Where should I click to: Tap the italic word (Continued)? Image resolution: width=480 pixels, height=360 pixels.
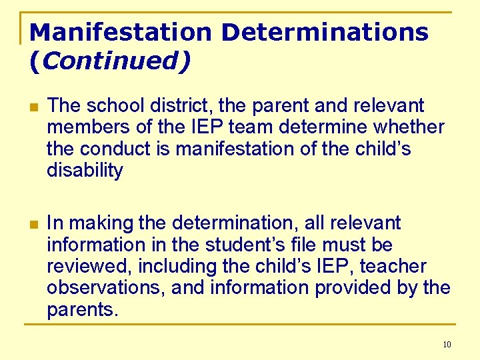(x=110, y=61)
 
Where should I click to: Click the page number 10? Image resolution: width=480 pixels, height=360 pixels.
(x=446, y=345)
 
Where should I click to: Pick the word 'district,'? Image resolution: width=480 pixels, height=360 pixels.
(x=168, y=105)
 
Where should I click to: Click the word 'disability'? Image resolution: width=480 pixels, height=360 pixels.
(x=85, y=171)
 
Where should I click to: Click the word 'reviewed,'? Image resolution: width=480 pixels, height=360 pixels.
(x=90, y=267)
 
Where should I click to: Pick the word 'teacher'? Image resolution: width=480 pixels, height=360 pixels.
(x=395, y=267)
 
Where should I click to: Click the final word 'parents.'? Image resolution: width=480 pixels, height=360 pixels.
(x=82, y=311)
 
